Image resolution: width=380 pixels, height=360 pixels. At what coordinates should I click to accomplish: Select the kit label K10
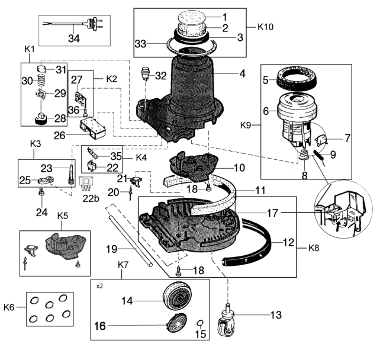point(265,27)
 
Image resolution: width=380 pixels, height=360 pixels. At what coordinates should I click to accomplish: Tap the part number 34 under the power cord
point(74,38)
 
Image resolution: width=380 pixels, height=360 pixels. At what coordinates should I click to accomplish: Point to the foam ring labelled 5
point(297,78)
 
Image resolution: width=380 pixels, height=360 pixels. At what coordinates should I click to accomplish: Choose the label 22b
point(91,198)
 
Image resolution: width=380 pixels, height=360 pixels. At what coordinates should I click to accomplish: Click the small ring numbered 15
point(201,323)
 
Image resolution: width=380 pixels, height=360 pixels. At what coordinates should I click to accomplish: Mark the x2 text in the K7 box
point(99,286)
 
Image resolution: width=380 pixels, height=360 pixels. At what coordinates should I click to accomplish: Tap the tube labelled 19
point(131,241)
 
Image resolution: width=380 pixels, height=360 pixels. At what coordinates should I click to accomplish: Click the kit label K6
point(9,307)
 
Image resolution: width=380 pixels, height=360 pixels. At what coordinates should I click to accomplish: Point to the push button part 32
point(146,74)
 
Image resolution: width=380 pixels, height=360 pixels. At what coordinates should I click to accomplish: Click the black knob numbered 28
point(41,118)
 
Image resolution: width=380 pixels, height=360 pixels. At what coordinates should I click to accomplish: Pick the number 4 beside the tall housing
point(243,73)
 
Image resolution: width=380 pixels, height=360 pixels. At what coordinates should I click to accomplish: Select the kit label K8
point(314,248)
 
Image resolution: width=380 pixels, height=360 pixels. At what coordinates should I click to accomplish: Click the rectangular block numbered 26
point(93,126)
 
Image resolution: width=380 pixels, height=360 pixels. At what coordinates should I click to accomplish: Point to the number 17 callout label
point(272,213)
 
